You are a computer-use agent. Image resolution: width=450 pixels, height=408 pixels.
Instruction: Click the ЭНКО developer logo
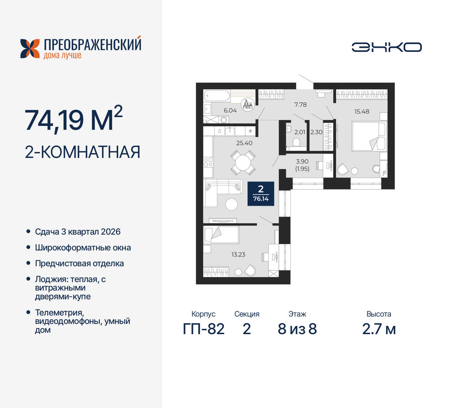click(387, 47)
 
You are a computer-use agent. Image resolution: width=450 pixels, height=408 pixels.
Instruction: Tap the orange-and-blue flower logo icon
click(30, 49)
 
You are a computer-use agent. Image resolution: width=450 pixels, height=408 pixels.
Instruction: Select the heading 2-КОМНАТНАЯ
click(83, 152)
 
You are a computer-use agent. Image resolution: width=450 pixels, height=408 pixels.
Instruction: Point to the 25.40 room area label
click(244, 143)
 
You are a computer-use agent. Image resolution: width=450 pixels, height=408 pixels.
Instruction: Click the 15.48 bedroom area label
click(362, 111)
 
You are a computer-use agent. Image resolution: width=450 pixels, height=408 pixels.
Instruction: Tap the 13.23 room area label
click(238, 254)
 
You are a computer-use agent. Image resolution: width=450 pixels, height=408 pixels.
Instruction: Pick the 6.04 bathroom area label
click(230, 110)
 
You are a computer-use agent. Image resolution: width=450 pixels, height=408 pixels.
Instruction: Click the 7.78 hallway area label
click(301, 104)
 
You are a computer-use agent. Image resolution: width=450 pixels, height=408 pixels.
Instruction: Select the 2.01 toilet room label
click(300, 132)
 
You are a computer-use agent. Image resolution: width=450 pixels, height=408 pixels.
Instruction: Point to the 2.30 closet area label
click(316, 132)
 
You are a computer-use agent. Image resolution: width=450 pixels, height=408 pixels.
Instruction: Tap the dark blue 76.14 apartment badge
click(261, 194)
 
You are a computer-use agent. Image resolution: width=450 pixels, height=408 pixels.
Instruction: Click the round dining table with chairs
click(243, 163)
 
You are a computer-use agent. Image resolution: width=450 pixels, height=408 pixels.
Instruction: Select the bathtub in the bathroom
click(217, 95)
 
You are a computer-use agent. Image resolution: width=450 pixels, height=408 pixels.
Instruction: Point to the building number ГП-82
click(204, 329)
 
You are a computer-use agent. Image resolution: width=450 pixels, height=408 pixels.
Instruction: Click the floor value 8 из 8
click(297, 329)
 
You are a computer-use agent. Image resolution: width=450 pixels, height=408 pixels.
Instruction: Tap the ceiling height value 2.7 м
click(379, 329)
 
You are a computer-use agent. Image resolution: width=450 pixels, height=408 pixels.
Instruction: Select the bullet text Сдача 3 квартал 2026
click(78, 232)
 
